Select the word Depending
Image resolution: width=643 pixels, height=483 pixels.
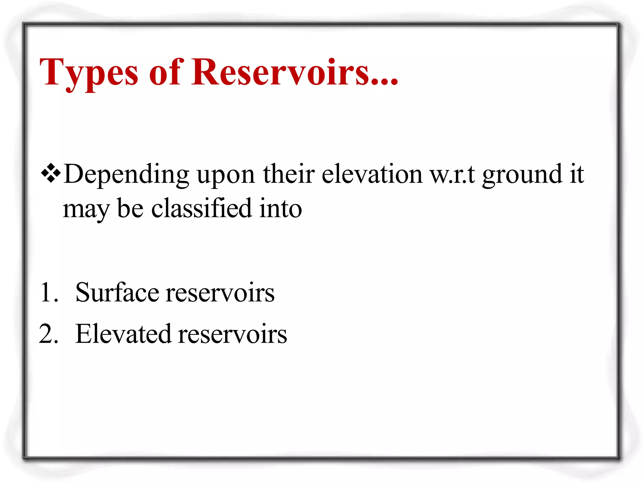click(x=126, y=175)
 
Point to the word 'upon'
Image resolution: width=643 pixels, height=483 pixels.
click(x=226, y=175)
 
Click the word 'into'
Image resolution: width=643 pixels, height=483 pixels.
click(x=280, y=208)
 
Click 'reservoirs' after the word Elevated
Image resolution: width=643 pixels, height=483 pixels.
click(x=232, y=334)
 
